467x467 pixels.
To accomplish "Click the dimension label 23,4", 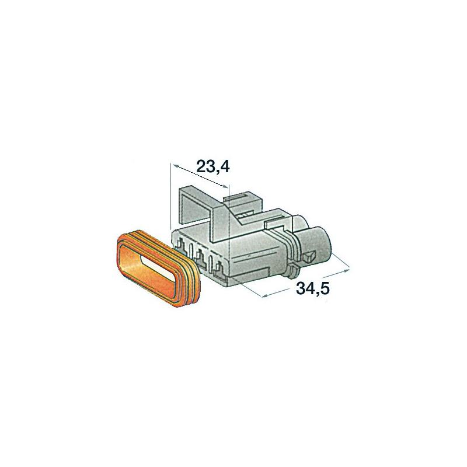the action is (x=213, y=167).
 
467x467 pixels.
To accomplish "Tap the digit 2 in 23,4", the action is (x=201, y=166).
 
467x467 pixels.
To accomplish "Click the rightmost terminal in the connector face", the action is (x=220, y=267).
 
